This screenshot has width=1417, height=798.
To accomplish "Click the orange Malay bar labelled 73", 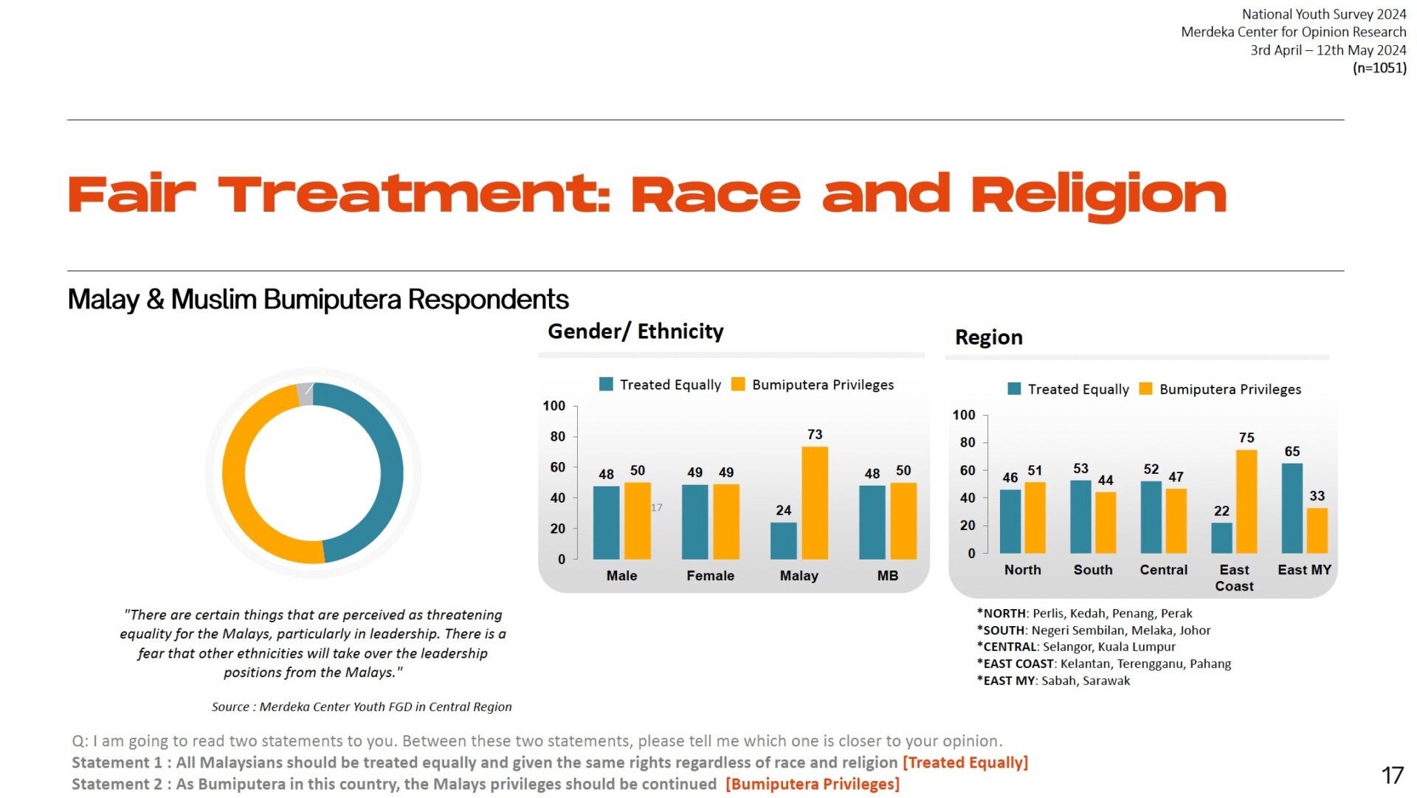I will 814,503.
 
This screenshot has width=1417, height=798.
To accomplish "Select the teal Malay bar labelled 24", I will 783,541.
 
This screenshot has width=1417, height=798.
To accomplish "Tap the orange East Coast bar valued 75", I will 1246,502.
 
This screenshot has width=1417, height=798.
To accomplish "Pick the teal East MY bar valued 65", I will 1292,509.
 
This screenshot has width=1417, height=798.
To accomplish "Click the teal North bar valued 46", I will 1010,521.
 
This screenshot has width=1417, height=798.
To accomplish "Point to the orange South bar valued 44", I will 1105,523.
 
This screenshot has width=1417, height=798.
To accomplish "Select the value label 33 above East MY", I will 1317,496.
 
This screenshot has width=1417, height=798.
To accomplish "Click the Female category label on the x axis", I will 710,576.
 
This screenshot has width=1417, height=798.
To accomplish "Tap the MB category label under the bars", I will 887,576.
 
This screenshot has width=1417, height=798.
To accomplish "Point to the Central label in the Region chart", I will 1163,570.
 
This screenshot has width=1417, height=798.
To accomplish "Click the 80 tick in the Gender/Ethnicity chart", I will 557,436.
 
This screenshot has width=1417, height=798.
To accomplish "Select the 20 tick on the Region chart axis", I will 967,526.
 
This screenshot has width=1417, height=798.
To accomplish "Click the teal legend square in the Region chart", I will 1014,389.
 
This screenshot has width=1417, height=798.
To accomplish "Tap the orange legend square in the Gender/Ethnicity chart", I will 737,384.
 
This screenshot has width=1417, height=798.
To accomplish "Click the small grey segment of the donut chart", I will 305,394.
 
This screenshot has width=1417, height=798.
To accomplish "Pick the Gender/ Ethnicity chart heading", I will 635,331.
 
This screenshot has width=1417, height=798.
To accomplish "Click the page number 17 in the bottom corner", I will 1392,775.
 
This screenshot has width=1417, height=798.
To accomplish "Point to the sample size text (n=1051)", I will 1379,68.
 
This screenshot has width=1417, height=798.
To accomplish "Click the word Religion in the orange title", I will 1098,195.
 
